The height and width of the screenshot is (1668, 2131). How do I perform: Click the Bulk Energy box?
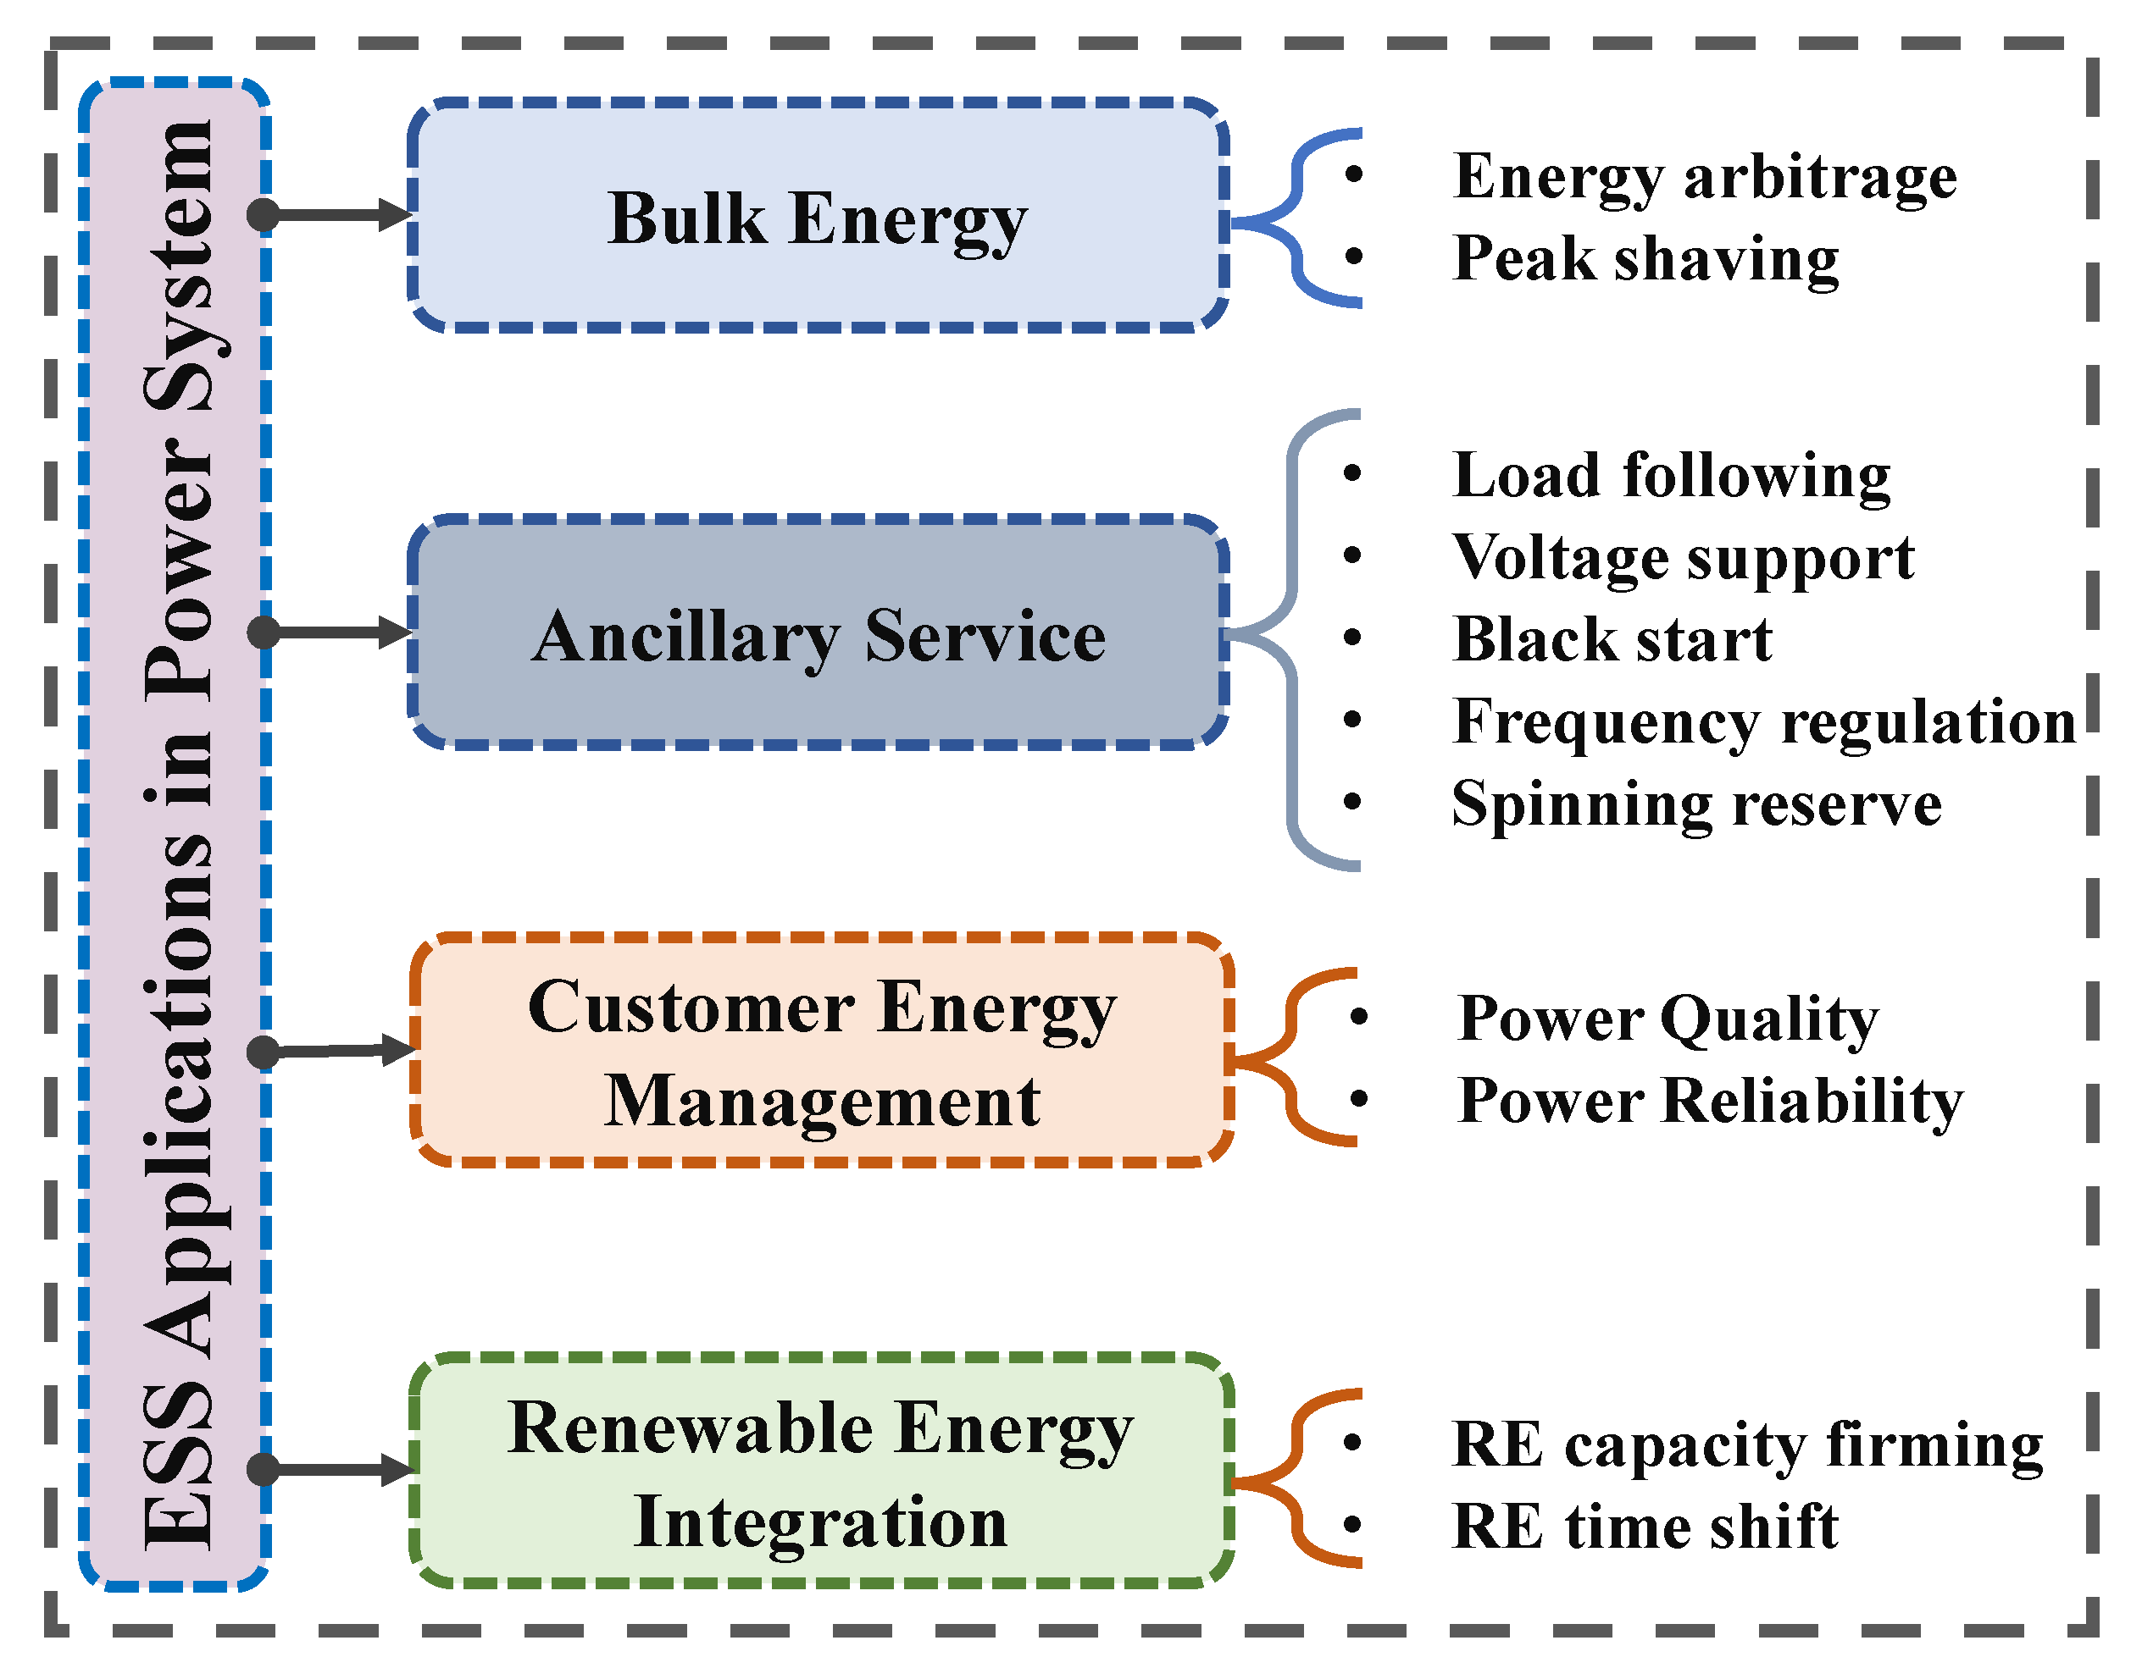click(x=817, y=217)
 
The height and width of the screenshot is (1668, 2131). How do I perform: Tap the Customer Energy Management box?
click(x=821, y=1052)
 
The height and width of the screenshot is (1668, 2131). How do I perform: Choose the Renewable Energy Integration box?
click(x=821, y=1472)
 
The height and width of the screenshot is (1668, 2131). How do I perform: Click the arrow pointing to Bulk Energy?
click(x=337, y=215)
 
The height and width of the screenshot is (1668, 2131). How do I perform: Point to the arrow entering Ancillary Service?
click(x=337, y=632)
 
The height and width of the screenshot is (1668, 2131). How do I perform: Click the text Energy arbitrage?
click(x=1705, y=177)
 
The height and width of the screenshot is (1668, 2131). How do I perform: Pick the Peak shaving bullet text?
click(x=1645, y=259)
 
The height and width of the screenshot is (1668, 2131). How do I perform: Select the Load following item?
click(x=1671, y=476)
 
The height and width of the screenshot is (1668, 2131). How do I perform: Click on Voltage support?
click(x=1683, y=558)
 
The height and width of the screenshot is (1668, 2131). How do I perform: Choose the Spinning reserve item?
click(x=1696, y=804)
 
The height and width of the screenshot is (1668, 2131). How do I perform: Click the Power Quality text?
click(x=1667, y=1019)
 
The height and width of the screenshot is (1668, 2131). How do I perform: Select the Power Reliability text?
click(x=1710, y=1101)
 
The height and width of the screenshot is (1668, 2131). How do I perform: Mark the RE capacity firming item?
click(x=1747, y=1444)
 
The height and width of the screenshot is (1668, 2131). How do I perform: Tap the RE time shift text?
click(x=1645, y=1527)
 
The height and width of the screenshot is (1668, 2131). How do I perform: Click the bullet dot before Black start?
click(x=1352, y=638)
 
